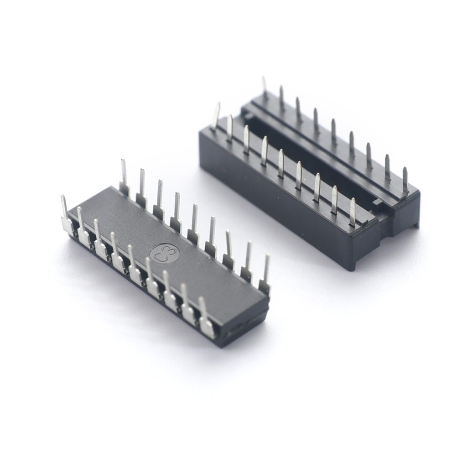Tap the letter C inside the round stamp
point(158,256)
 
